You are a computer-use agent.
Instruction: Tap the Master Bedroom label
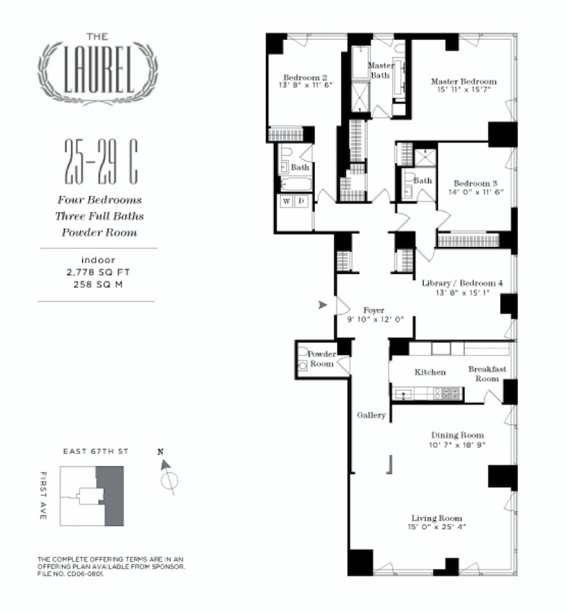[464, 82]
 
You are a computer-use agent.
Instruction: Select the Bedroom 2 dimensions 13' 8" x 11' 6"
[306, 85]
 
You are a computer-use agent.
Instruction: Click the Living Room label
[437, 518]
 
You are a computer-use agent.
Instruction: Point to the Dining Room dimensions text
[457, 445]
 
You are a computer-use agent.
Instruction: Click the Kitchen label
[429, 373]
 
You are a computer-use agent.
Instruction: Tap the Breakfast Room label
[487, 373]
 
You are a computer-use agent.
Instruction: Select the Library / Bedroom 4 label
[462, 284]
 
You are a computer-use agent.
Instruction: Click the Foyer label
[373, 310]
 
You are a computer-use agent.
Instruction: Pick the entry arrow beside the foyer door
[322, 305]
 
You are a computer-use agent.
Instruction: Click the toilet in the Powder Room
[303, 364]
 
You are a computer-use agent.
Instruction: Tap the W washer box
[287, 201]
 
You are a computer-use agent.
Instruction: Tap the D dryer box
[300, 201]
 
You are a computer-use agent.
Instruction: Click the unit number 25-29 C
[100, 162]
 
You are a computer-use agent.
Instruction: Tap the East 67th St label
[95, 452]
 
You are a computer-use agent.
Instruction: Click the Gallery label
[371, 415]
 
